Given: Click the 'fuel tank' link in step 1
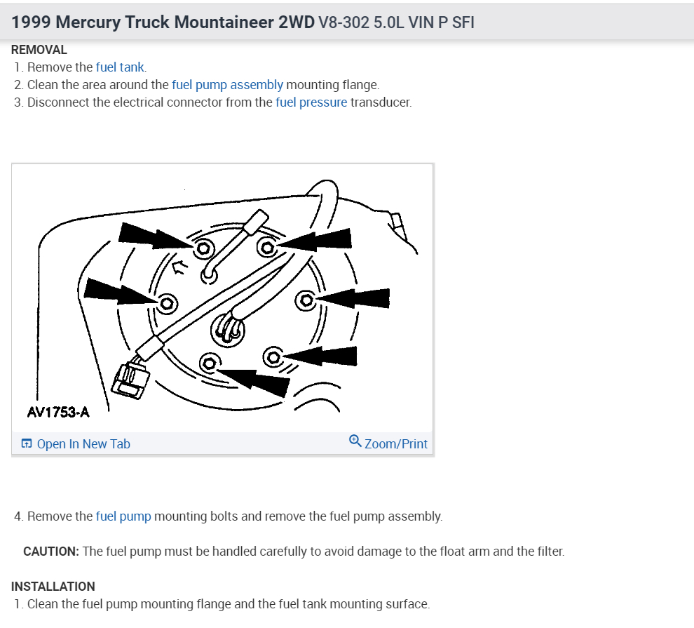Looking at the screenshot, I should [x=120, y=67].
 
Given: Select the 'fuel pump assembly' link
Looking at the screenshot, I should [x=227, y=85].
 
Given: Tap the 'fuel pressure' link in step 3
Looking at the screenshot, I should [x=311, y=102].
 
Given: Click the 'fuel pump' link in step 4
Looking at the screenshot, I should [x=123, y=516].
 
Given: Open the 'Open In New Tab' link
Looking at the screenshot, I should [x=76, y=443].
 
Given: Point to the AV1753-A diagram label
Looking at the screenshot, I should [x=58, y=412].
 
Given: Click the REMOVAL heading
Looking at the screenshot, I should [x=39, y=50].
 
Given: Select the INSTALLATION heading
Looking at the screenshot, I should [x=53, y=586].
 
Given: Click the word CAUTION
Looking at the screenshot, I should [x=50, y=552].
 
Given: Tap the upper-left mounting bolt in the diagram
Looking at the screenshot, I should [x=204, y=248].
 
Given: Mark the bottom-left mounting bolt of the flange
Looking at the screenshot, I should [x=208, y=363].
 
